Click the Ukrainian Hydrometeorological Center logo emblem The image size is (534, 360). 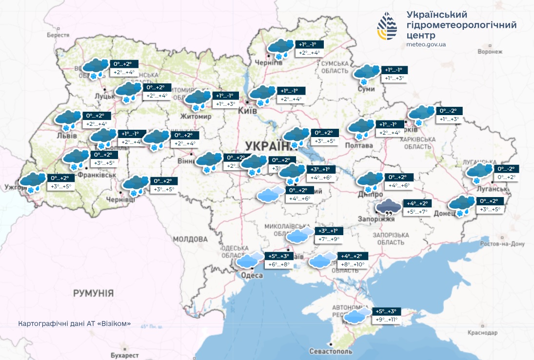tap(389, 27)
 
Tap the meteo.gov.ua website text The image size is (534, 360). tap(426, 45)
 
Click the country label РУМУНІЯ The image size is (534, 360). tap(93, 293)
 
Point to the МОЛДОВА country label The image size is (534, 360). tap(190, 239)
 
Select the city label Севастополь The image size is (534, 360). tap(331, 351)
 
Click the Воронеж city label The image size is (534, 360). tap(490, 51)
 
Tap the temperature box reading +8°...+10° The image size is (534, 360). tap(353, 264)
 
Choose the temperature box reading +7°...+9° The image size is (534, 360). tap(329, 240)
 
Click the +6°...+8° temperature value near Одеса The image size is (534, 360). tap(278, 264)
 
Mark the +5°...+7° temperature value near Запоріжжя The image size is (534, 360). tap(416, 212)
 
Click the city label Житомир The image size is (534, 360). tap(195, 117)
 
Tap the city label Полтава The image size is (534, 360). tap(358, 145)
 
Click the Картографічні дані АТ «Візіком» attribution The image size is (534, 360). tap(74, 324)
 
